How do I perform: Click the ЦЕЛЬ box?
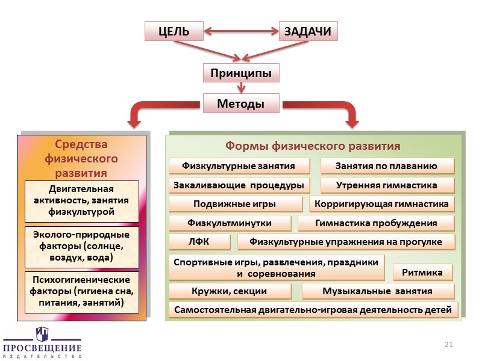[174, 31]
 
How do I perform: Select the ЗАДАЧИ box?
[308, 31]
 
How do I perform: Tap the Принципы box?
[241, 73]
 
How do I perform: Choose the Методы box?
[241, 104]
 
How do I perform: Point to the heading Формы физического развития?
[313, 146]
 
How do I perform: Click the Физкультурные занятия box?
[239, 166]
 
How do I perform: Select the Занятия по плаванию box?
[387, 166]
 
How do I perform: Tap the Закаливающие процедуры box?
[239, 185]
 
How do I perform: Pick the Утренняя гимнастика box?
[387, 185]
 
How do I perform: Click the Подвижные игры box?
[235, 205]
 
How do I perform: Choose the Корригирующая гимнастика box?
[381, 205]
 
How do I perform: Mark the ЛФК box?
[199, 242]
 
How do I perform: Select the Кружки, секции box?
[229, 292]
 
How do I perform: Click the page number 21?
[448, 344]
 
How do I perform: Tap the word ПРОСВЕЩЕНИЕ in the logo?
[42, 348]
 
